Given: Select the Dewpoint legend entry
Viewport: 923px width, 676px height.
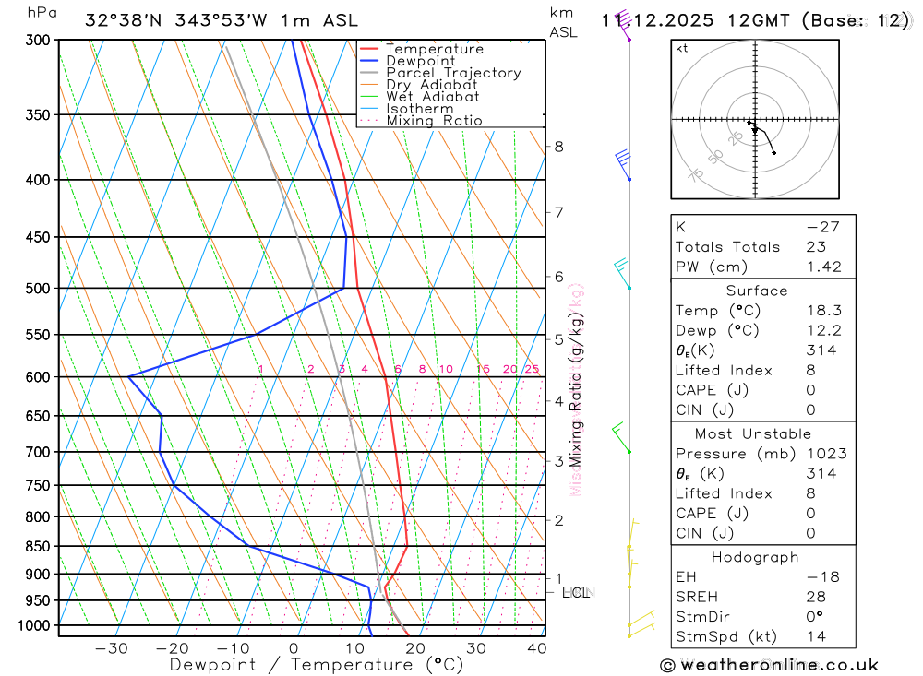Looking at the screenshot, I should click(420, 61).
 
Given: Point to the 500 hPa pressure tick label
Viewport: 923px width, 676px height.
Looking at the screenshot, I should click(38, 288).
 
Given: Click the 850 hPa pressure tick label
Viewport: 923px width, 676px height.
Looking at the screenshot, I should click(38, 546).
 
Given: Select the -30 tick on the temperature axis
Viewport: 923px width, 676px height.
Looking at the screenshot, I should click(111, 648).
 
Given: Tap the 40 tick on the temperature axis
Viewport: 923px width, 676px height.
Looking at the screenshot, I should click(535, 648).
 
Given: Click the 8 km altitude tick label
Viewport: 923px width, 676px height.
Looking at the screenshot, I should click(558, 147).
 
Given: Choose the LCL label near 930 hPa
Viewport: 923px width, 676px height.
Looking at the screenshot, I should click(576, 591).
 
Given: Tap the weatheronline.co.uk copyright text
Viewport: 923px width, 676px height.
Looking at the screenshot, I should click(769, 665).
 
